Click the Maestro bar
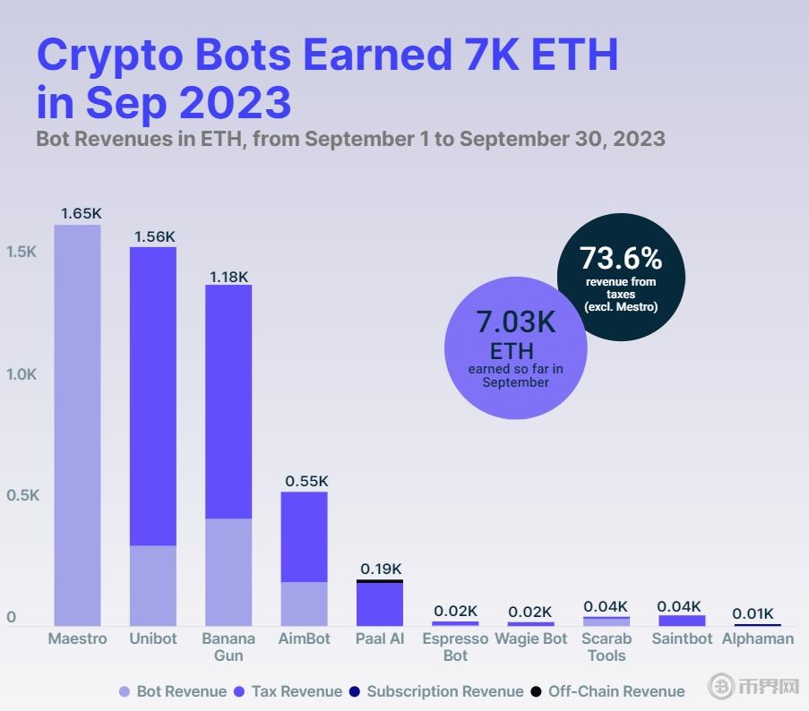click(x=77, y=425)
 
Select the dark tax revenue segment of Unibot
click(x=152, y=396)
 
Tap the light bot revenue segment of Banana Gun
click(x=228, y=571)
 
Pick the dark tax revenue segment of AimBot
click(x=304, y=536)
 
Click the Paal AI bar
click(x=380, y=604)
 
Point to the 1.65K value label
click(x=82, y=214)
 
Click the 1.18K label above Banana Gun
click(x=228, y=277)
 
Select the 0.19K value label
click(x=381, y=569)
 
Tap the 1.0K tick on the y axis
click(x=22, y=374)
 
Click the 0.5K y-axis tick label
click(x=22, y=496)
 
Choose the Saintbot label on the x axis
click(x=682, y=638)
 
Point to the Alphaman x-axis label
click(x=758, y=638)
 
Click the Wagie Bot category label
click(x=531, y=638)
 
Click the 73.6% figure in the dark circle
click(x=621, y=258)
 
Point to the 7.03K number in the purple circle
click(x=515, y=321)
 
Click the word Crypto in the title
click(x=106, y=55)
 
